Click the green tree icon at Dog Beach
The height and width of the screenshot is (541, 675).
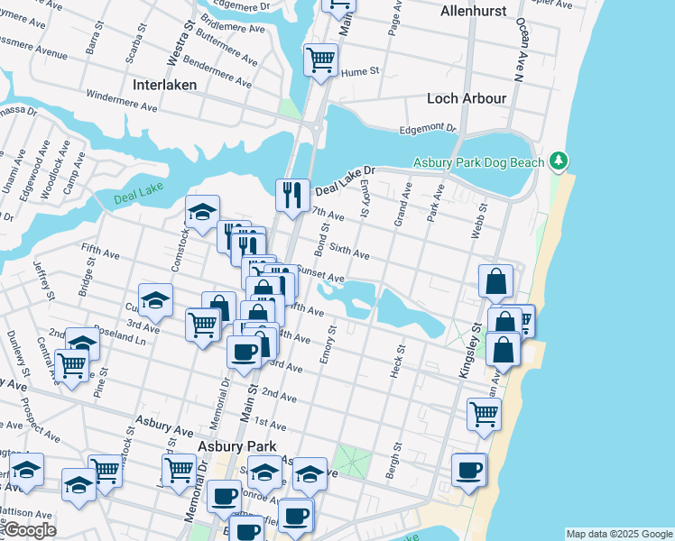559,161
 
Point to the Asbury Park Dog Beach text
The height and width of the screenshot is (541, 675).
478,162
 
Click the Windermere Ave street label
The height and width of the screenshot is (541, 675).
122,100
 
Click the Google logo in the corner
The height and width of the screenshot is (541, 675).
30,530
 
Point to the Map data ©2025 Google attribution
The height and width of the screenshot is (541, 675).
618,534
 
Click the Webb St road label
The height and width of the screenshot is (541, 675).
477,221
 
